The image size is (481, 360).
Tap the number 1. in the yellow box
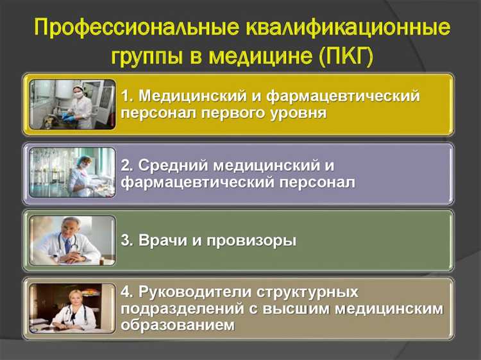[128, 96]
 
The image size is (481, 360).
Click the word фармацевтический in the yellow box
[350, 96]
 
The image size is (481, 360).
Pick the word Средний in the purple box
[166, 166]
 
